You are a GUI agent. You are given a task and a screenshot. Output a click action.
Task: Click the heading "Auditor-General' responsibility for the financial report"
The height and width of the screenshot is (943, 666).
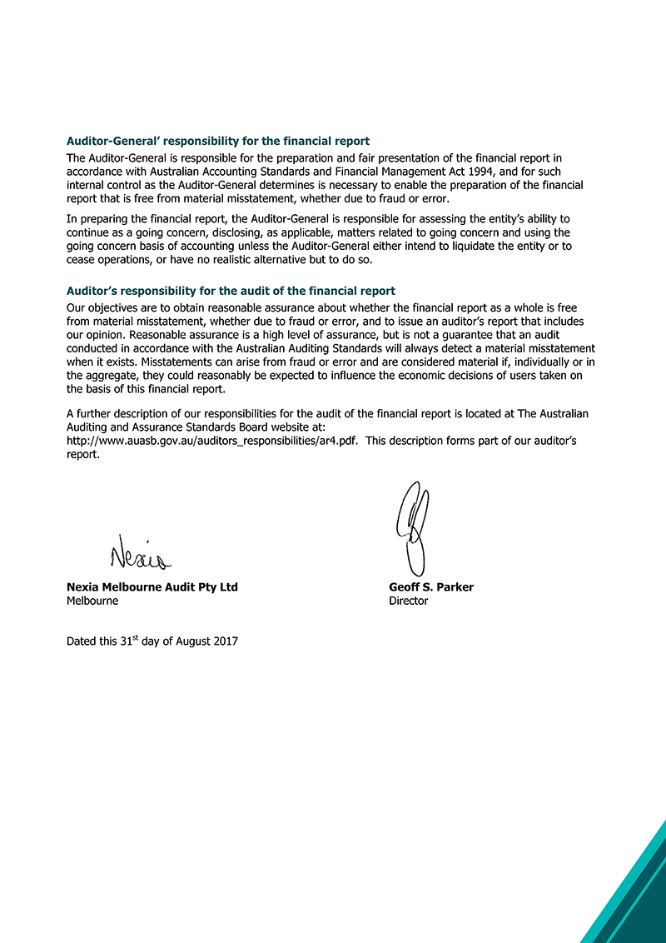[218, 142]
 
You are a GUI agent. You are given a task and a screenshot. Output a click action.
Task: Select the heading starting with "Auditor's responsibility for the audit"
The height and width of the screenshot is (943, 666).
[231, 292]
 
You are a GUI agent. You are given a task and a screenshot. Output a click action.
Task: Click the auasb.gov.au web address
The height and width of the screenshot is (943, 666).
[212, 442]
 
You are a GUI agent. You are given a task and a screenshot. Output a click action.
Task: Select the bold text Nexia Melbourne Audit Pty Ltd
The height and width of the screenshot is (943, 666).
[152, 587]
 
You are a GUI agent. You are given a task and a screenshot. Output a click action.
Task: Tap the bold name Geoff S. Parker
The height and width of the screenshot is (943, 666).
[430, 587]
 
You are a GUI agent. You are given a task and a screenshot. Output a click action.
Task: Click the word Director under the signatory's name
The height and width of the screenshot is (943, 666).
[408, 601]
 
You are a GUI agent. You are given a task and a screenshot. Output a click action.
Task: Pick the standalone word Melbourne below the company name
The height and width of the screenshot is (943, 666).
[92, 601]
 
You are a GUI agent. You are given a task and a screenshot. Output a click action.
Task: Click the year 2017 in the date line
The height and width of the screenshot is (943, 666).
[224, 641]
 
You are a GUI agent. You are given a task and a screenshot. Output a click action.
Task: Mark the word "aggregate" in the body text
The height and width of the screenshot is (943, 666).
[112, 376]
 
